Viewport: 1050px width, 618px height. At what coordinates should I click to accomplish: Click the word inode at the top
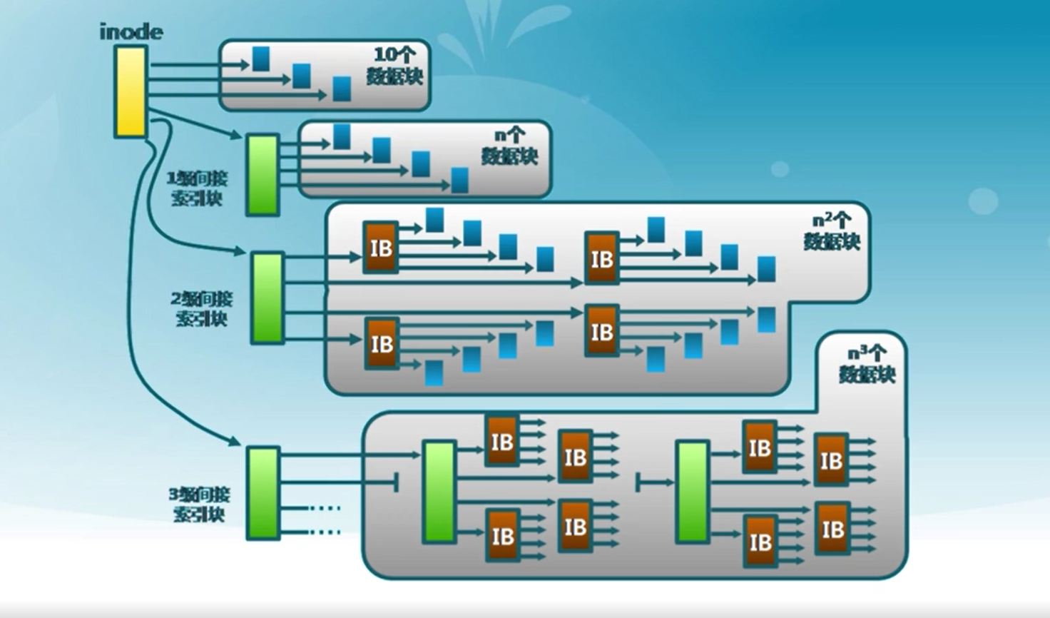point(131,32)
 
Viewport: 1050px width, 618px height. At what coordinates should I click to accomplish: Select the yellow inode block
point(131,91)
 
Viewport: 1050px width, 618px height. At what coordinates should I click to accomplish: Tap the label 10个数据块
point(395,66)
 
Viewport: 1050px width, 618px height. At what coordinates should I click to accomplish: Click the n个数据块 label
point(509,146)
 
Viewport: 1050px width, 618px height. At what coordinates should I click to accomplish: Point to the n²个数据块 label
point(832,231)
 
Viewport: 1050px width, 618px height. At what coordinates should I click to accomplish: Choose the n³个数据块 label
point(867,364)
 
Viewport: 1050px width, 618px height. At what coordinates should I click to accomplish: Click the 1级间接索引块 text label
point(197,188)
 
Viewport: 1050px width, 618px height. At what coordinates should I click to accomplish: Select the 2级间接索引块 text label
point(202,308)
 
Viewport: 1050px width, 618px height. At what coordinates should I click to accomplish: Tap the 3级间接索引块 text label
point(200,504)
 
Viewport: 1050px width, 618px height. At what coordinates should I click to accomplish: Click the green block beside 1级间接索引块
point(262,175)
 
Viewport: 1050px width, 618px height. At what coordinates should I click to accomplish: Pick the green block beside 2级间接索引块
point(267,298)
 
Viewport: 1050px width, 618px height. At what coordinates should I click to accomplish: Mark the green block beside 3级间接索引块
point(263,493)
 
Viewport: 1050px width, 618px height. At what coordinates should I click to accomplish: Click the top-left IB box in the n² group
point(381,248)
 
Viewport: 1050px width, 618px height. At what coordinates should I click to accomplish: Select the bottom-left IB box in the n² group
point(382,344)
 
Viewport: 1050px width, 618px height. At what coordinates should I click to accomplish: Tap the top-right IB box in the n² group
point(601,258)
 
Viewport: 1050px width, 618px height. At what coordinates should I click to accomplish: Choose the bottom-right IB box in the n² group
point(601,331)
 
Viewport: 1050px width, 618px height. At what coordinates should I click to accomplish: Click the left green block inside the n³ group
point(439,492)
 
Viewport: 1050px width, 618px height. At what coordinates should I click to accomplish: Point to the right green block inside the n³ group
point(692,492)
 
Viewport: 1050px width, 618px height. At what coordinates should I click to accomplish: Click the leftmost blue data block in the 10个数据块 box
point(261,59)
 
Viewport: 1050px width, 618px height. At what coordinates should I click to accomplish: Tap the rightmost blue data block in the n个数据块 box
point(460,180)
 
